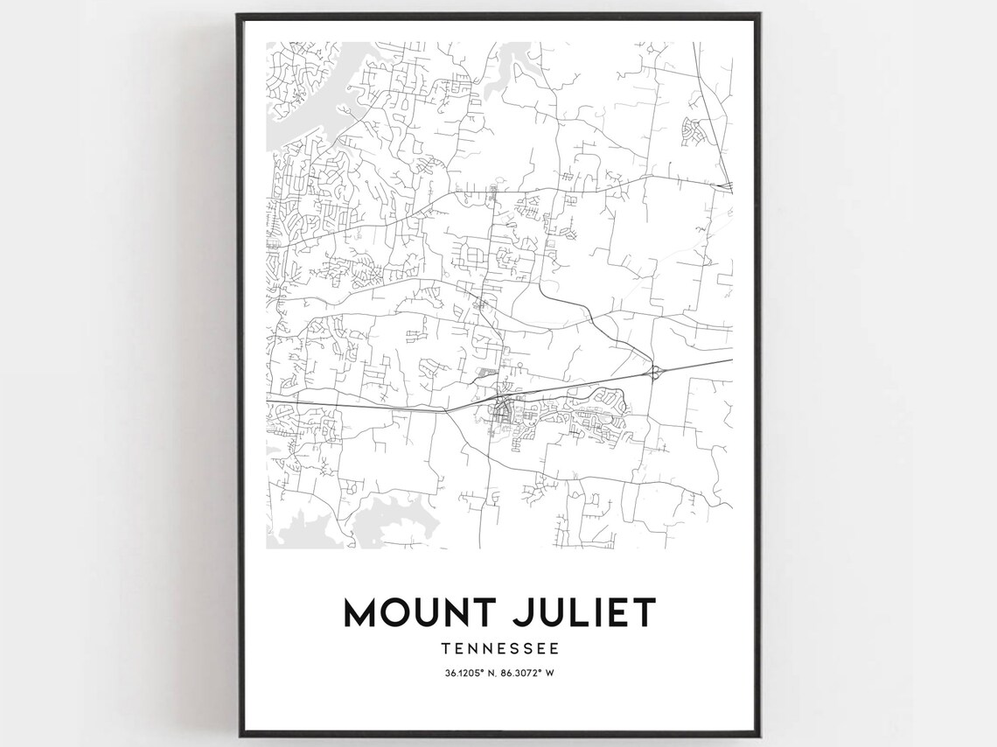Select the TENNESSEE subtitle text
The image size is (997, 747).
coord(499,649)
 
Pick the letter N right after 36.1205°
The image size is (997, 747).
coord(492,672)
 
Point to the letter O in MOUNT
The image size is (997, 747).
coord(394,612)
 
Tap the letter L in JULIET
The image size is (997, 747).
coord(574,612)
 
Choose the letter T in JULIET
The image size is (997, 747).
coord(644,612)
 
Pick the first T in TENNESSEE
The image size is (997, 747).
coord(447,649)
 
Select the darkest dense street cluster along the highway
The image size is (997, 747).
coord(502,408)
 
